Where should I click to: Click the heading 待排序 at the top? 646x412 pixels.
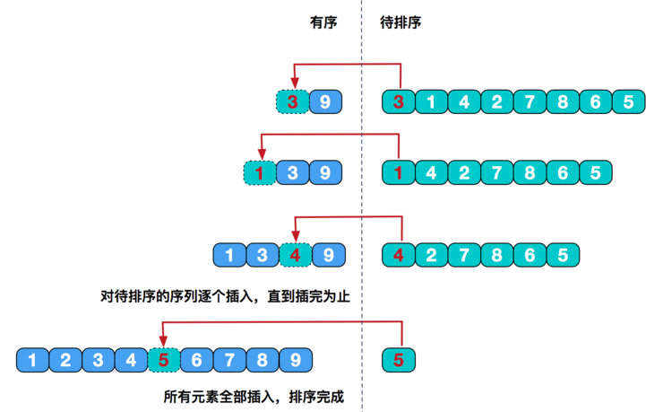[x=401, y=23]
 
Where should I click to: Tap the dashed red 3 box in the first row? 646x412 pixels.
[x=291, y=101]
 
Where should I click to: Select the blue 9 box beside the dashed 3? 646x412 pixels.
[x=325, y=101]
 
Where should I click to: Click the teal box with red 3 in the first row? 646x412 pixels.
[x=399, y=101]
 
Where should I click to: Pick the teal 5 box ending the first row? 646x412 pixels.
[x=628, y=101]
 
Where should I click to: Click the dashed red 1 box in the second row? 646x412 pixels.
[x=259, y=171]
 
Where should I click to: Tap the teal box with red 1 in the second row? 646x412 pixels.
[x=399, y=171]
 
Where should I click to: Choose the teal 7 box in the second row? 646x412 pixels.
[x=497, y=171]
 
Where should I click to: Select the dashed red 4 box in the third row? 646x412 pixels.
[x=295, y=255]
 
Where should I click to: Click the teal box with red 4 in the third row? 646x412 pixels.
[x=399, y=255]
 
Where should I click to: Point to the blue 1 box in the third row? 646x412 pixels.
[x=229, y=255]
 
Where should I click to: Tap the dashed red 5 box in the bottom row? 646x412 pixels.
[x=163, y=361]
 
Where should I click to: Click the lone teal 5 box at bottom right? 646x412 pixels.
[x=399, y=361]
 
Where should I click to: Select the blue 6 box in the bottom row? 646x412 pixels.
[x=196, y=361]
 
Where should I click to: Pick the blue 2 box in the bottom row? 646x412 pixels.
[x=65, y=361]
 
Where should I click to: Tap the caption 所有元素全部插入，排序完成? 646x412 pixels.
[x=254, y=395]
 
